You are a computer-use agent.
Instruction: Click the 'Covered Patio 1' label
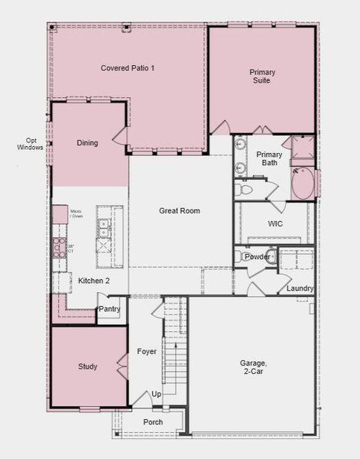click(128, 68)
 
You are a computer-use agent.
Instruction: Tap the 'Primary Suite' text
click(262, 76)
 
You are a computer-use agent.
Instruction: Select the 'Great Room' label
click(180, 210)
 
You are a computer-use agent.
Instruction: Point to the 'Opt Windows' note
click(30, 144)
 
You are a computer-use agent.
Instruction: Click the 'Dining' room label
click(87, 143)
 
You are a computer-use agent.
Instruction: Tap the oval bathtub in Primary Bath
click(303, 184)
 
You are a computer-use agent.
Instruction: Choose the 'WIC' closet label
click(275, 224)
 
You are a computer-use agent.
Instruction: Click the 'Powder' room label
click(257, 257)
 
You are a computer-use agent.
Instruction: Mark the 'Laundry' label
click(300, 288)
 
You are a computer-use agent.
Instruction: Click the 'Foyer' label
click(147, 352)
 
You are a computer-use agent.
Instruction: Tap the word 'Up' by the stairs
click(157, 393)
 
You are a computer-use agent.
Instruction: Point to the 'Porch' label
click(153, 422)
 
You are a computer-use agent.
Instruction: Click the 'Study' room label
click(88, 366)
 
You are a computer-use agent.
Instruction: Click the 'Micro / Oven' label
click(76, 213)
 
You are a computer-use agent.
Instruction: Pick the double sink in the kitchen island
click(102, 226)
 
